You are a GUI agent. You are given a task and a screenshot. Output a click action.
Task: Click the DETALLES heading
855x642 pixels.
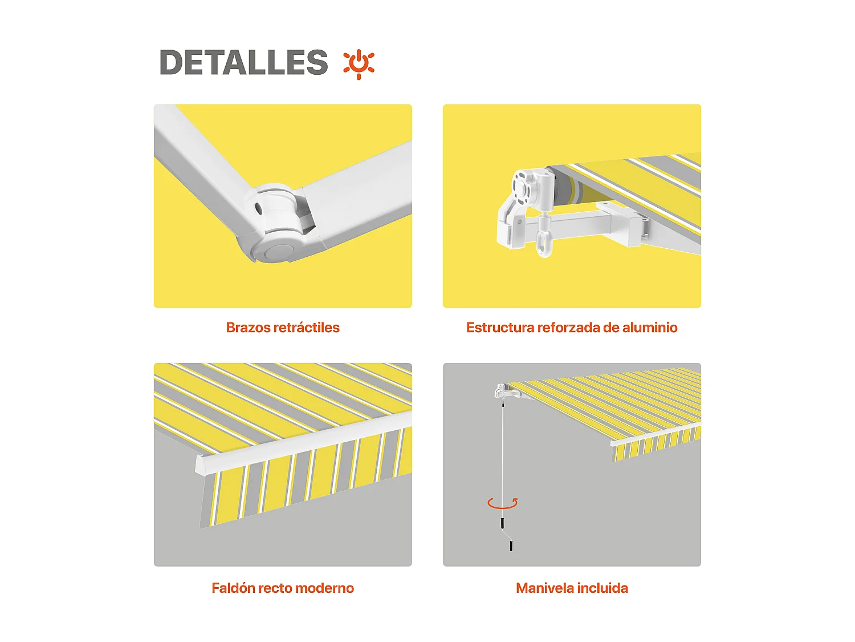243,62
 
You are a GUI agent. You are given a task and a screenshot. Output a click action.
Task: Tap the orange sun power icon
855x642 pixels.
359,63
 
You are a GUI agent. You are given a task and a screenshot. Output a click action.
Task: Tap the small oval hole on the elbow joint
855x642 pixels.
258,209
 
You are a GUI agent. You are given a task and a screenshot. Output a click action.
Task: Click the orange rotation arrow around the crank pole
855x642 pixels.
503,503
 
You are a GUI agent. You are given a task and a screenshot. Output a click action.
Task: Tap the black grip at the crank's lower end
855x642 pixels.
511,546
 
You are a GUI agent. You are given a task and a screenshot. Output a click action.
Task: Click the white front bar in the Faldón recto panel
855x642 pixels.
302,445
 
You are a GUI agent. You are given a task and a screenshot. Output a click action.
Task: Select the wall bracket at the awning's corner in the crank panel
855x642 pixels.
502,391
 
